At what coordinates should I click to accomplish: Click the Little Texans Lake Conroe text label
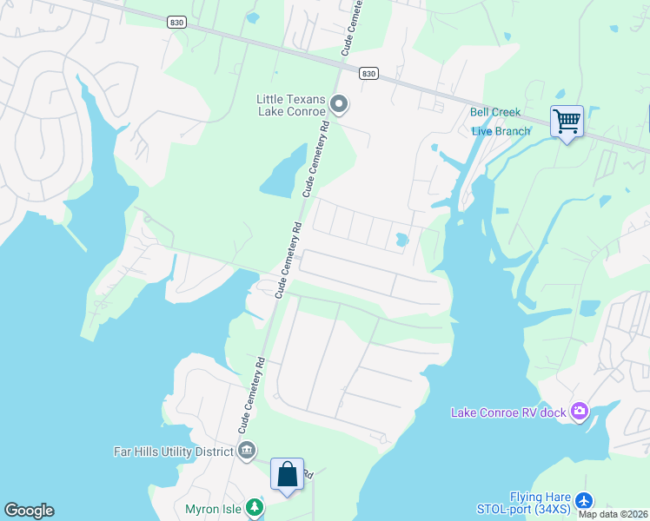[291, 105]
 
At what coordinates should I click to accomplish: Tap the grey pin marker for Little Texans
[340, 106]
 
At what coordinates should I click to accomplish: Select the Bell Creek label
[495, 112]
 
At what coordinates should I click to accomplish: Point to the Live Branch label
[501, 131]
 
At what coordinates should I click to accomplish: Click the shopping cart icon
[567, 122]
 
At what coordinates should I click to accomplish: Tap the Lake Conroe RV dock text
[507, 412]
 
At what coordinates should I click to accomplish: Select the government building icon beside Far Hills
[247, 451]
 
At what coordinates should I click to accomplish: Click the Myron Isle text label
[213, 508]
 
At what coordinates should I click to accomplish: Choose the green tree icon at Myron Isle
[254, 507]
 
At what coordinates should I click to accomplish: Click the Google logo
[29, 511]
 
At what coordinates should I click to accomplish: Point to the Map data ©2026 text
[614, 514]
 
